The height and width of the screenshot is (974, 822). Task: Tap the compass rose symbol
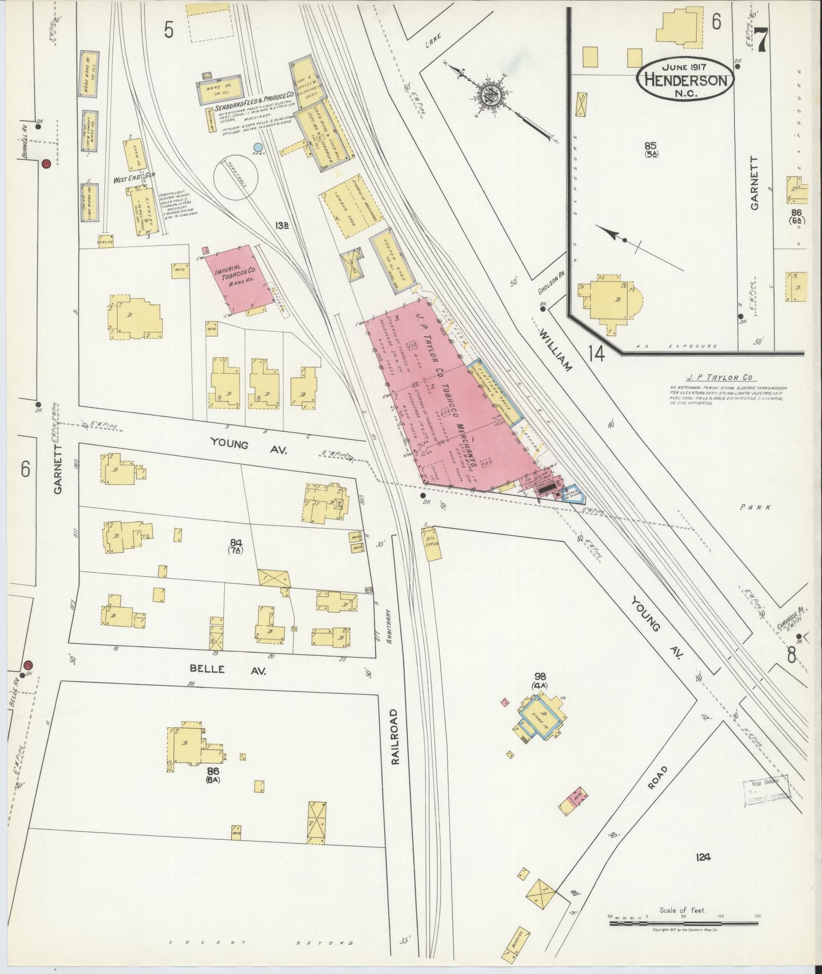coord(490,95)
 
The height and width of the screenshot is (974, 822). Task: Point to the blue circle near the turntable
coord(258,147)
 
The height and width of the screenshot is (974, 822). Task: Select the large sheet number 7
coord(761,38)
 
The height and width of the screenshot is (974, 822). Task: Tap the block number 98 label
coord(540,676)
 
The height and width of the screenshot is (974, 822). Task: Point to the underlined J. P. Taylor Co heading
coord(719,378)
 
